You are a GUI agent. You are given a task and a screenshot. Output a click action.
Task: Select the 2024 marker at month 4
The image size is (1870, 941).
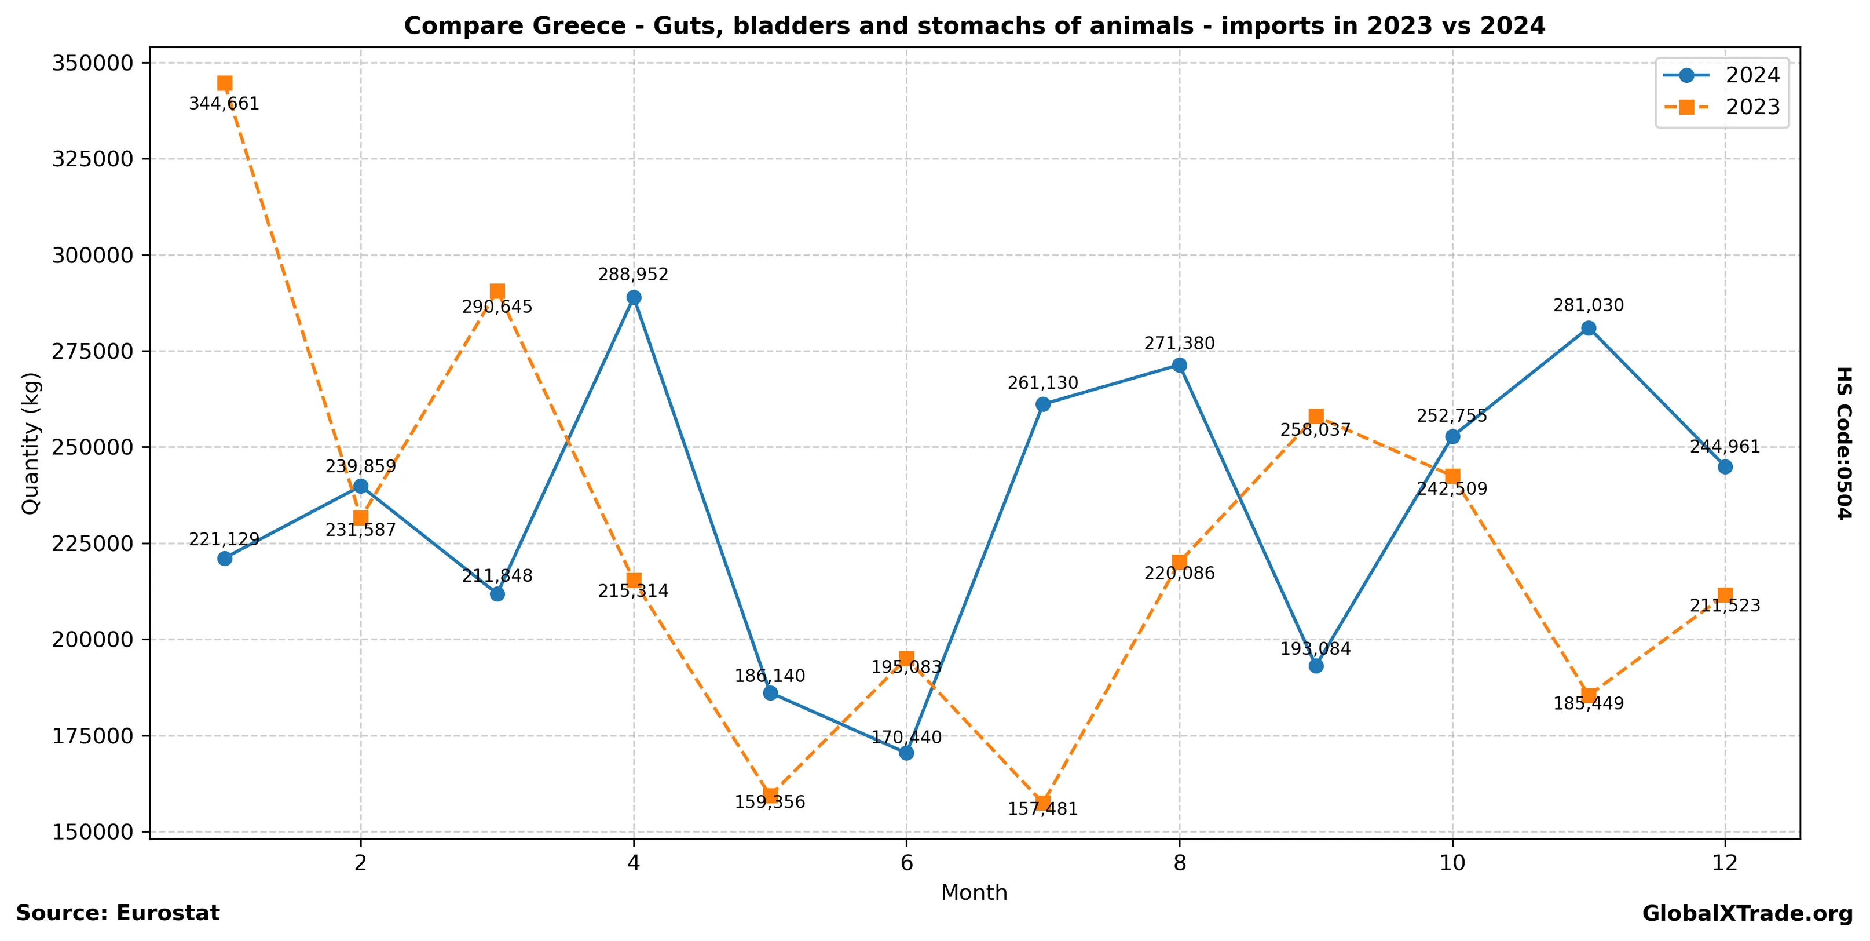point(634,298)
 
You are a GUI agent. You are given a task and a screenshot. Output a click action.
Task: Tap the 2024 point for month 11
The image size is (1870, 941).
point(1589,328)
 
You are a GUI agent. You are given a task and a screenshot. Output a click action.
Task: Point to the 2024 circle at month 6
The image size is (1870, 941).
point(907,753)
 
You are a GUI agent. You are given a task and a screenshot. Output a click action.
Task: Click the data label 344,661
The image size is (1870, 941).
point(224,104)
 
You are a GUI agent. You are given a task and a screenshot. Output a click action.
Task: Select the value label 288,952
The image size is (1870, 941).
point(633,275)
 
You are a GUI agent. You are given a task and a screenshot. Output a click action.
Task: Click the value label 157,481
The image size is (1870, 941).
point(1042,809)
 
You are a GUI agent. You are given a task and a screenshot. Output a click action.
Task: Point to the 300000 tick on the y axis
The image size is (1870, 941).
point(92,256)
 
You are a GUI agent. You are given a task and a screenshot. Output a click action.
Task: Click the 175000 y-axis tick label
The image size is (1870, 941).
point(92,735)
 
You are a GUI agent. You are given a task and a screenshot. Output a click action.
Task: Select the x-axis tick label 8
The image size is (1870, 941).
point(1180,863)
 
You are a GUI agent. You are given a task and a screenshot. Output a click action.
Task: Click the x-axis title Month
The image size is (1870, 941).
point(974,892)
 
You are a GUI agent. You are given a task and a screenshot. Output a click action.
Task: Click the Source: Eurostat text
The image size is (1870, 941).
point(118,913)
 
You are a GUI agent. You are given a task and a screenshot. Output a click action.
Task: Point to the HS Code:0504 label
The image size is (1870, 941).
point(1844,443)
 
